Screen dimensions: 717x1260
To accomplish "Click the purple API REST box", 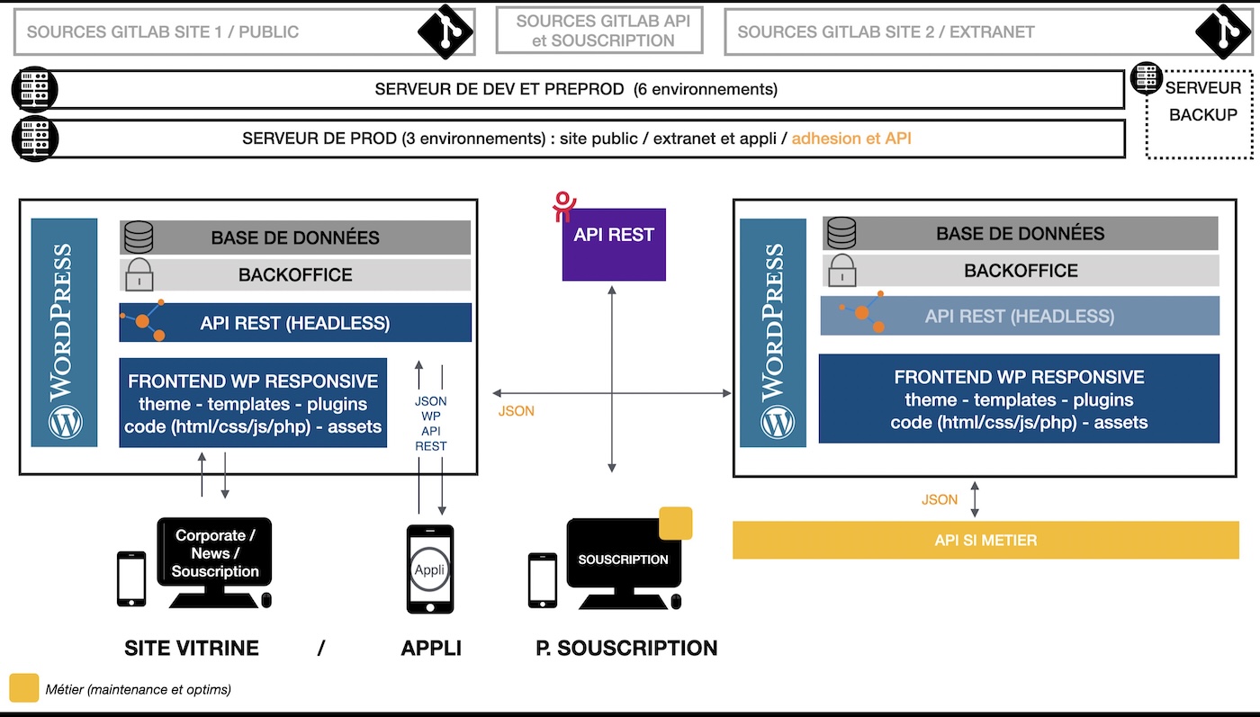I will click(x=614, y=244).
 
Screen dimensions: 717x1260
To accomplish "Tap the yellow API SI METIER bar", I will click(x=985, y=541).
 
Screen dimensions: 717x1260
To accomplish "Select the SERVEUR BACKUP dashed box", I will click(x=1201, y=113).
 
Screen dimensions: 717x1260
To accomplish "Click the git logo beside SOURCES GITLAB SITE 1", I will click(x=445, y=31).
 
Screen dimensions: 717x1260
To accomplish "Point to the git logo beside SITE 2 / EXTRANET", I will click(x=1223, y=31).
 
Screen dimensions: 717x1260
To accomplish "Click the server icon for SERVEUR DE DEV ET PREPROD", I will click(x=34, y=90).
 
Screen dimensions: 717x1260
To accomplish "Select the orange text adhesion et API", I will click(x=851, y=139).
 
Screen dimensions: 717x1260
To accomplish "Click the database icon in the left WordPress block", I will click(x=139, y=238).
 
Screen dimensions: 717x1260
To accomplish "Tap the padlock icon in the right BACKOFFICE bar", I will click(x=841, y=270).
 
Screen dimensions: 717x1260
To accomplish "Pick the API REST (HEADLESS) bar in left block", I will click(x=295, y=322).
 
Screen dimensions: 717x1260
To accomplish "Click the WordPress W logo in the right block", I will click(x=772, y=420).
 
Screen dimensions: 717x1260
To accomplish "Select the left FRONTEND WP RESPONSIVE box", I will click(x=253, y=402).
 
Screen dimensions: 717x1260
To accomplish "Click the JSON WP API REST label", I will click(x=430, y=424).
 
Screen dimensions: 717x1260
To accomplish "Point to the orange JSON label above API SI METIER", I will click(x=939, y=499).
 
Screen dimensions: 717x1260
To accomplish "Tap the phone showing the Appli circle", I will click(x=429, y=569).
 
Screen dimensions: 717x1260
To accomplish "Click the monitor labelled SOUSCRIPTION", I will click(x=623, y=560).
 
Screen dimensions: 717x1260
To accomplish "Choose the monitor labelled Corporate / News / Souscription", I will click(x=215, y=553).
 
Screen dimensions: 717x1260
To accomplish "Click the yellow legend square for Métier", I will click(x=23, y=688).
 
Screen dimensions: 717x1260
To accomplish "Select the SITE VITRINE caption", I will click(x=192, y=648).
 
